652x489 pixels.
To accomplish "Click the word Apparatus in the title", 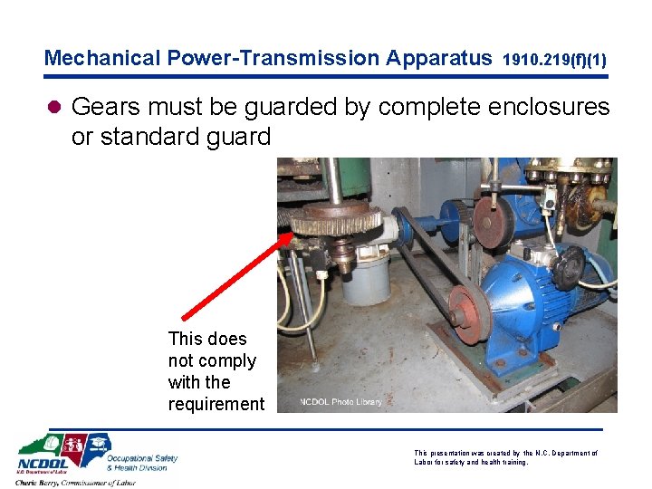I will click(x=439, y=59).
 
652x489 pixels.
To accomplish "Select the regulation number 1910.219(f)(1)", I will click(x=553, y=61).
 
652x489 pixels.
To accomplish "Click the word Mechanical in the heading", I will click(x=103, y=59).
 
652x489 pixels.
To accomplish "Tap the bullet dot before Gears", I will click(x=54, y=108).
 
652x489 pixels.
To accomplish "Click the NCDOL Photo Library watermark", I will click(x=341, y=402).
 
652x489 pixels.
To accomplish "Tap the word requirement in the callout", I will click(x=216, y=404).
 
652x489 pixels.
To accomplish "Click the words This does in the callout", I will click(x=207, y=339).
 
